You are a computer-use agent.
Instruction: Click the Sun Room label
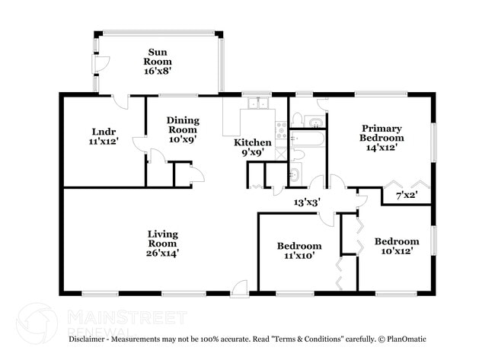[159, 57]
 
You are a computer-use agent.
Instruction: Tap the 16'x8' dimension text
[159, 71]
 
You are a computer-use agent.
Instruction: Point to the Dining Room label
[183, 125]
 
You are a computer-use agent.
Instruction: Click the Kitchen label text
[252, 142]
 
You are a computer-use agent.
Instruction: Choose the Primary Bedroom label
[382, 133]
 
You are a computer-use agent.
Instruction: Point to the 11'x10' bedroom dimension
[299, 256]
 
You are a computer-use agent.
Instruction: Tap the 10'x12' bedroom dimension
[397, 251]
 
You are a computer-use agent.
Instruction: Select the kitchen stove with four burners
[280, 129]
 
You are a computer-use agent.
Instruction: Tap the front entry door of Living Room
[240, 288]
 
